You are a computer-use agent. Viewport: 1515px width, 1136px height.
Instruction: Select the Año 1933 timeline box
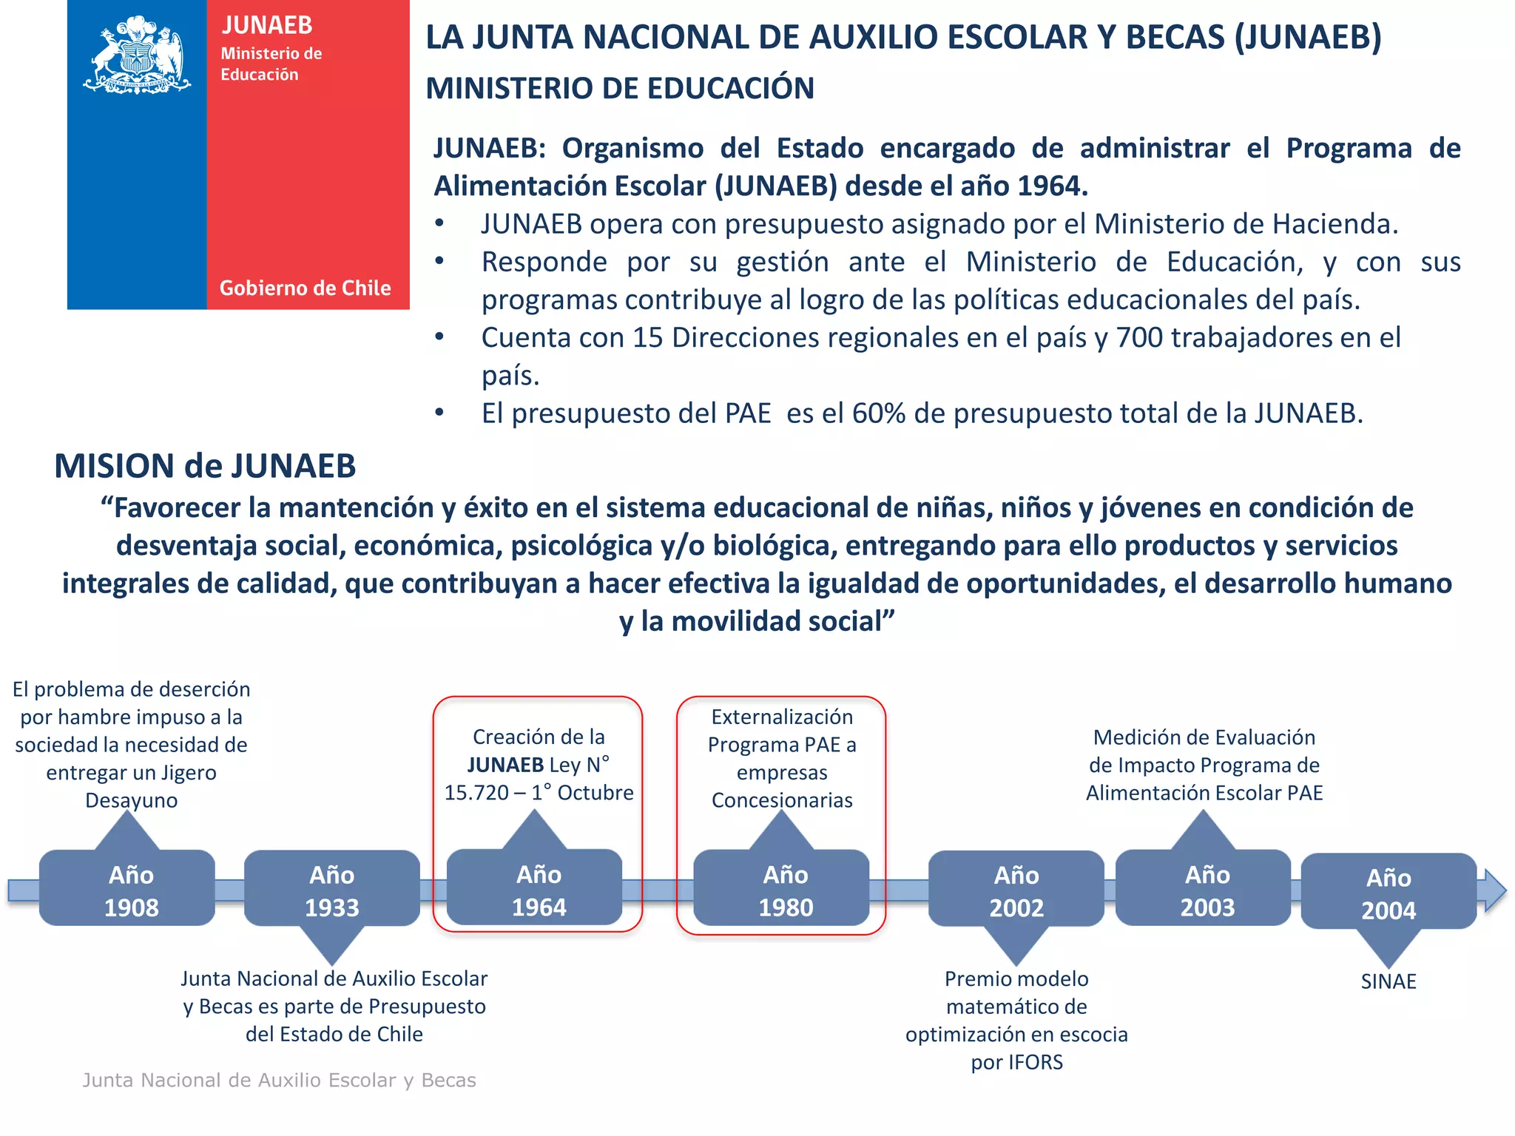click(x=332, y=890)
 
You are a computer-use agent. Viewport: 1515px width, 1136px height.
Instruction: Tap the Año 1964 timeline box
click(x=535, y=889)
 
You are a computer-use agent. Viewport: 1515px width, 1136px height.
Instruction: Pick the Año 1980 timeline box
click(x=781, y=890)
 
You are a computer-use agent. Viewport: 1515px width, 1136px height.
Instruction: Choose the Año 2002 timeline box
click(x=1016, y=890)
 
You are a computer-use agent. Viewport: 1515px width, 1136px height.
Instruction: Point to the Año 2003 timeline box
click(x=1204, y=889)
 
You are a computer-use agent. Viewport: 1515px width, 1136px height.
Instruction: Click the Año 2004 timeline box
click(x=1389, y=893)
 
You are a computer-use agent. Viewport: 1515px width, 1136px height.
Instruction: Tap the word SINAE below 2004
click(x=1389, y=981)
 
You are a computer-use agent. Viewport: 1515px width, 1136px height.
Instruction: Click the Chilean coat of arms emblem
click(x=137, y=55)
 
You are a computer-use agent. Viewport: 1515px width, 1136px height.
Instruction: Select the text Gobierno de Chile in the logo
click(x=305, y=288)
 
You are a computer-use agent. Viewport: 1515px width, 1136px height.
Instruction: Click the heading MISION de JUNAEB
click(x=205, y=466)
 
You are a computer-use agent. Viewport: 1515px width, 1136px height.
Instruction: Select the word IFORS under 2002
click(x=1035, y=1063)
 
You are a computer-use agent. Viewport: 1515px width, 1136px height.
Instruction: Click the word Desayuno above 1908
click(x=132, y=800)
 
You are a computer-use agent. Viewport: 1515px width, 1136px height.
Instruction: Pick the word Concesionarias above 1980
click(x=782, y=800)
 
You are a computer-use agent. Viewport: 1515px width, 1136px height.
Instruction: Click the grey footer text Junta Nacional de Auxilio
click(x=279, y=1081)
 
